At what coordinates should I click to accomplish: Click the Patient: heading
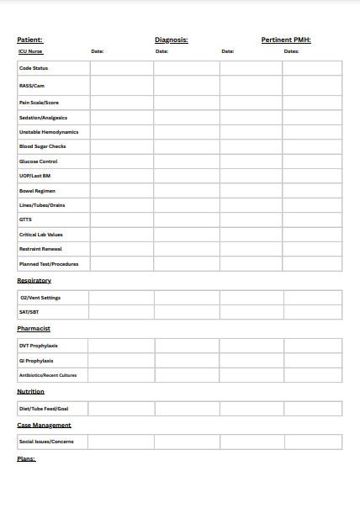(x=29, y=40)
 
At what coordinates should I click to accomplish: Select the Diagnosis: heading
(x=171, y=40)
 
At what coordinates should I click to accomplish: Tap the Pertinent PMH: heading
(x=286, y=40)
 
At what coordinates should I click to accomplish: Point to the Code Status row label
(x=34, y=68)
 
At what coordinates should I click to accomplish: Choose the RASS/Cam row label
(x=31, y=86)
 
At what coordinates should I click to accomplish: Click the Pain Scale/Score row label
(x=39, y=103)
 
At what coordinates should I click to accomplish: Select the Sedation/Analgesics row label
(x=43, y=118)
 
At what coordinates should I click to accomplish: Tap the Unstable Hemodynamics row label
(x=48, y=132)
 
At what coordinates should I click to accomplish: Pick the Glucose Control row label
(x=38, y=161)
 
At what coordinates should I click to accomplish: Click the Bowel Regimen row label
(x=37, y=191)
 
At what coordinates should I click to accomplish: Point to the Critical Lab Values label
(x=41, y=235)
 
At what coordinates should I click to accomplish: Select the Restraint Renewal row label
(x=40, y=249)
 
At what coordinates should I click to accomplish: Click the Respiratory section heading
(x=34, y=280)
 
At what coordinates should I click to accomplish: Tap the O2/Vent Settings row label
(x=40, y=298)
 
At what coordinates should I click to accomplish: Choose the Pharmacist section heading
(x=34, y=329)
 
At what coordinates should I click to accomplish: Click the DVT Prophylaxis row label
(x=39, y=346)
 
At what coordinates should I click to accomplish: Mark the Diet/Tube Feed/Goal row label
(x=44, y=409)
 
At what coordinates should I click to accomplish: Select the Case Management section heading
(x=44, y=425)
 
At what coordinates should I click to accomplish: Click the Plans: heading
(x=26, y=459)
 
